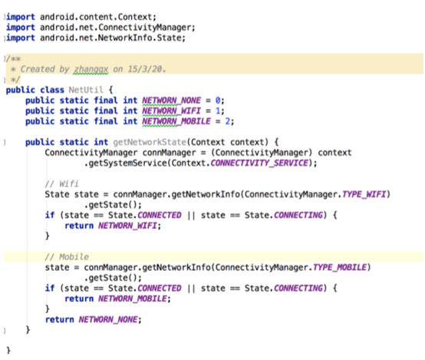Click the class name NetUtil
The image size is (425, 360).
(x=86, y=90)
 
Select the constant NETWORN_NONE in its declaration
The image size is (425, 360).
(x=172, y=101)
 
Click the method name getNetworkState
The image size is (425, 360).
(x=150, y=142)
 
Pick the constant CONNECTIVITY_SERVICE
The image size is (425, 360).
(x=259, y=163)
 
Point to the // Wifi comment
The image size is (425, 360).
(x=62, y=184)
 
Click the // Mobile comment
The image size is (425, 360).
(x=67, y=257)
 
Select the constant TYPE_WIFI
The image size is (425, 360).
(x=364, y=194)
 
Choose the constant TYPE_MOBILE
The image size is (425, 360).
(x=340, y=267)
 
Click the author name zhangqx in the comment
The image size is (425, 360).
(x=91, y=69)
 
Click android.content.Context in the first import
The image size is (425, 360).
(x=96, y=17)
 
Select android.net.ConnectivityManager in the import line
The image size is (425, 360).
(x=116, y=28)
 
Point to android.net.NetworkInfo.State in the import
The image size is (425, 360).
(x=110, y=38)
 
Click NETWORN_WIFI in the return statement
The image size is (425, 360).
(x=127, y=226)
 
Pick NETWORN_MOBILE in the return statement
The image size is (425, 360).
(x=133, y=299)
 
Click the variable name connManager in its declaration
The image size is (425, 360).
(x=169, y=153)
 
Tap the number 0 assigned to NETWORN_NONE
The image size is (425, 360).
(x=218, y=101)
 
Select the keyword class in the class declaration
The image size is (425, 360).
(x=52, y=90)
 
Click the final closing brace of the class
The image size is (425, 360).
(x=8, y=350)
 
